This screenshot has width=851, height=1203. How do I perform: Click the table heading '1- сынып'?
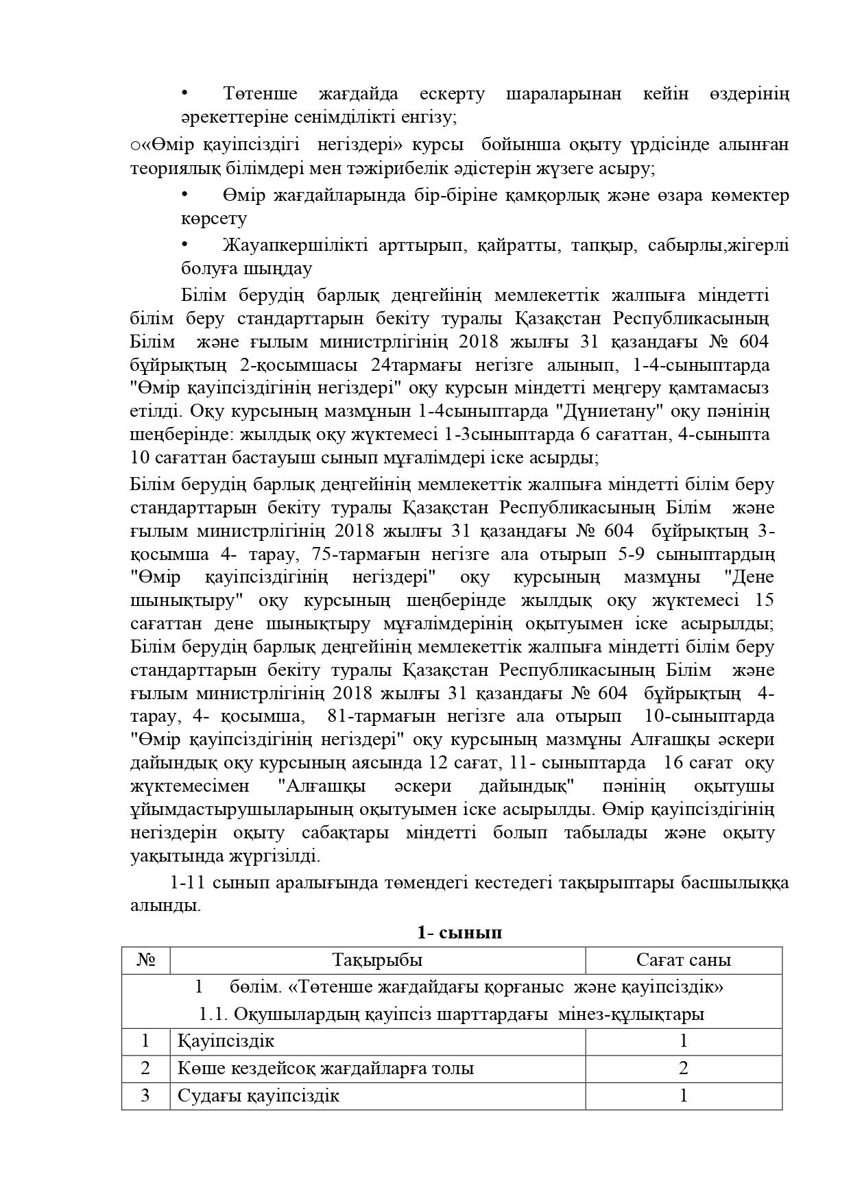[x=459, y=932]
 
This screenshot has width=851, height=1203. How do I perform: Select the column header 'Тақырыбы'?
[x=377, y=960]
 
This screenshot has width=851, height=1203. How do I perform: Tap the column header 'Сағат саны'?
[x=683, y=960]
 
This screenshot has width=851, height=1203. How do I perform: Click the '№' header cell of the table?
[x=146, y=960]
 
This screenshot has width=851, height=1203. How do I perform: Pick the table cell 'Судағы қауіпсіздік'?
[x=259, y=1095]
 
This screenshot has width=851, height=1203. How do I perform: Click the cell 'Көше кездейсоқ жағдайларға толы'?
[x=326, y=1068]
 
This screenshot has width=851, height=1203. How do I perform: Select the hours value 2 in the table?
[x=683, y=1068]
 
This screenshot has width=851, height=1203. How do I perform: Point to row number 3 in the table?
[x=145, y=1095]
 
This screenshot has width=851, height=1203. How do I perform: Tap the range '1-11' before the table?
[x=187, y=882]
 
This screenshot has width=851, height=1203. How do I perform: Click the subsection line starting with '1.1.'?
[x=451, y=1014]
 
